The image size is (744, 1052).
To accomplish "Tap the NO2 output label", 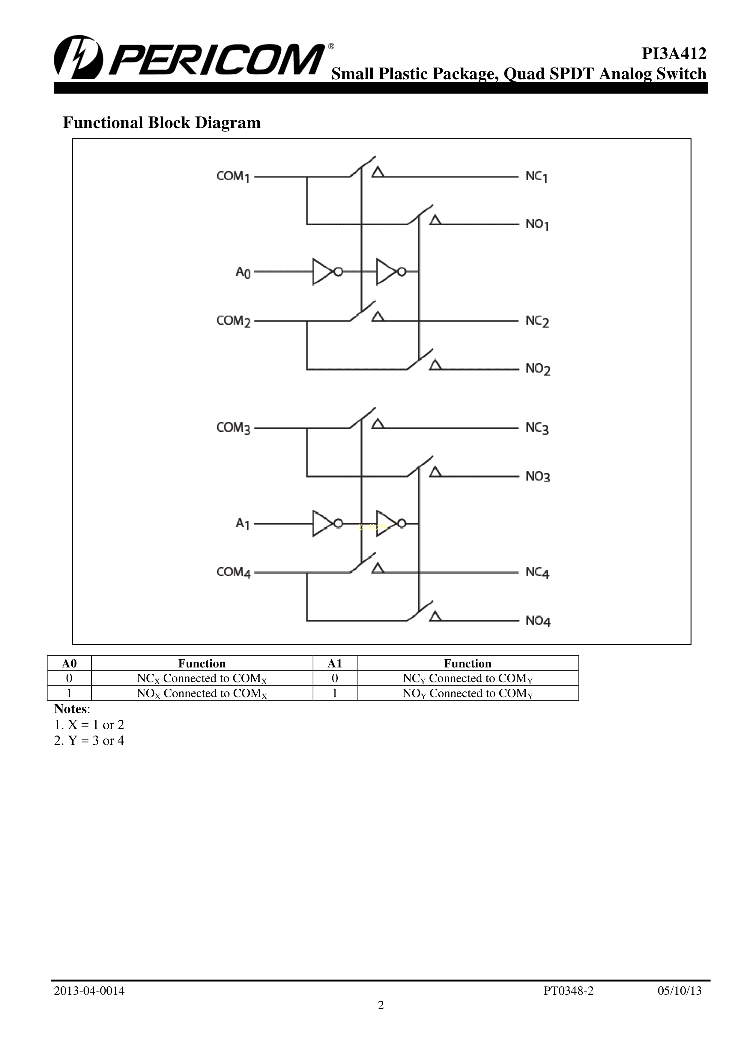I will pos(537,369).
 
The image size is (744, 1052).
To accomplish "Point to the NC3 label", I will pos(537,428).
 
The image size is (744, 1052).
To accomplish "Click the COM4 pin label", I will pos(233,572).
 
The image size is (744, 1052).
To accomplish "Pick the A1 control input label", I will pos(242,524).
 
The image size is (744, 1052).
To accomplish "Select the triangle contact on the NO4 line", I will pos(435,617).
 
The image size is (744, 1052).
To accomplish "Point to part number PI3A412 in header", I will pos(674,54).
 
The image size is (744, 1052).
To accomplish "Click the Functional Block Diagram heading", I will pos(162,123).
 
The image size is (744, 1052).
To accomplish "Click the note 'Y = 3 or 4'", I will pos(89,741).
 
